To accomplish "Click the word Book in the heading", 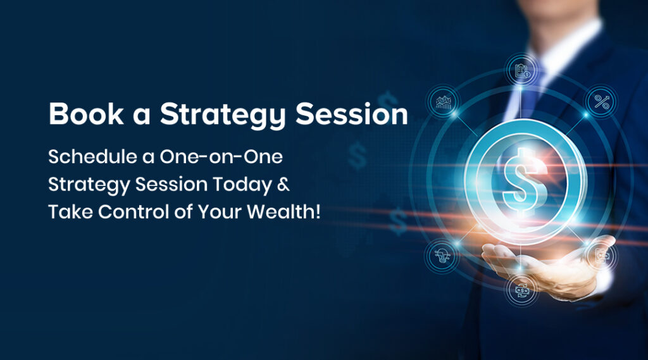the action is tap(86, 114).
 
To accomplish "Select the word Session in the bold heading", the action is tap(352, 114).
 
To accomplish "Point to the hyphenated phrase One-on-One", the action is tap(221, 157).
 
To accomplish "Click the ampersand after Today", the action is tap(283, 184).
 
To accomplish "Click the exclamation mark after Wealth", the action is tap(318, 211).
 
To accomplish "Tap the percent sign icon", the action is tap(602, 102).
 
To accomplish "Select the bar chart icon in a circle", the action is tap(443, 102).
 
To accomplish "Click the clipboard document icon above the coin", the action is tap(522, 70).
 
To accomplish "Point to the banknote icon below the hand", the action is tap(522, 290).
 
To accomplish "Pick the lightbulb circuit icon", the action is tap(442, 256).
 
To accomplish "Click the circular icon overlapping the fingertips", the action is tap(602, 256).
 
